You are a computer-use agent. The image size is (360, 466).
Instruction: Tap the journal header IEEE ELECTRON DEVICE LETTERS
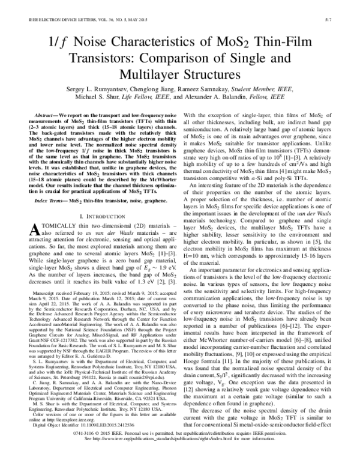click(x=57, y=20)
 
